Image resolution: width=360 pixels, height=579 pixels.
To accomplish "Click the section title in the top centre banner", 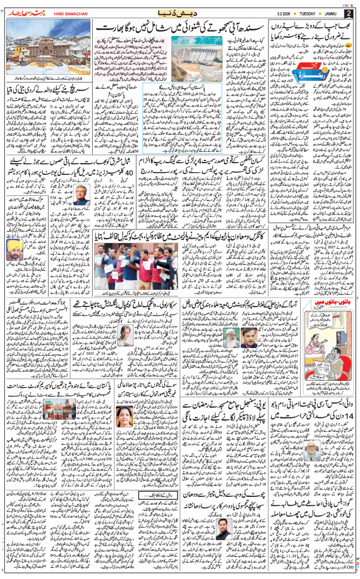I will point(180,12).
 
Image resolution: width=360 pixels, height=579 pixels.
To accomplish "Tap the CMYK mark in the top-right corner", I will point(349,3).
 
